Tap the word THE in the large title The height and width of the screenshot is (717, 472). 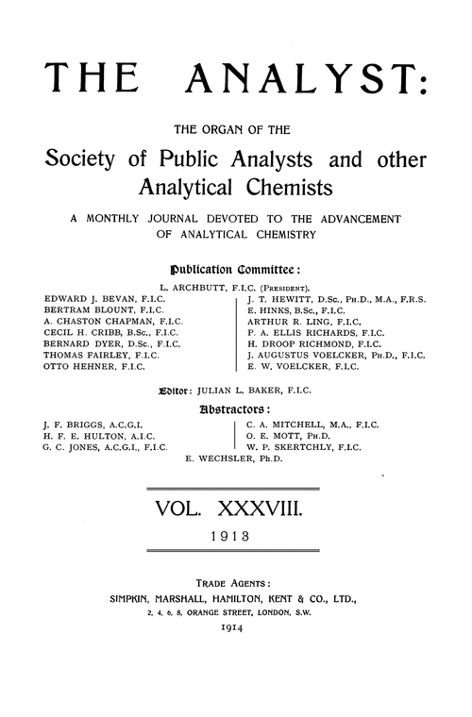click(x=92, y=81)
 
